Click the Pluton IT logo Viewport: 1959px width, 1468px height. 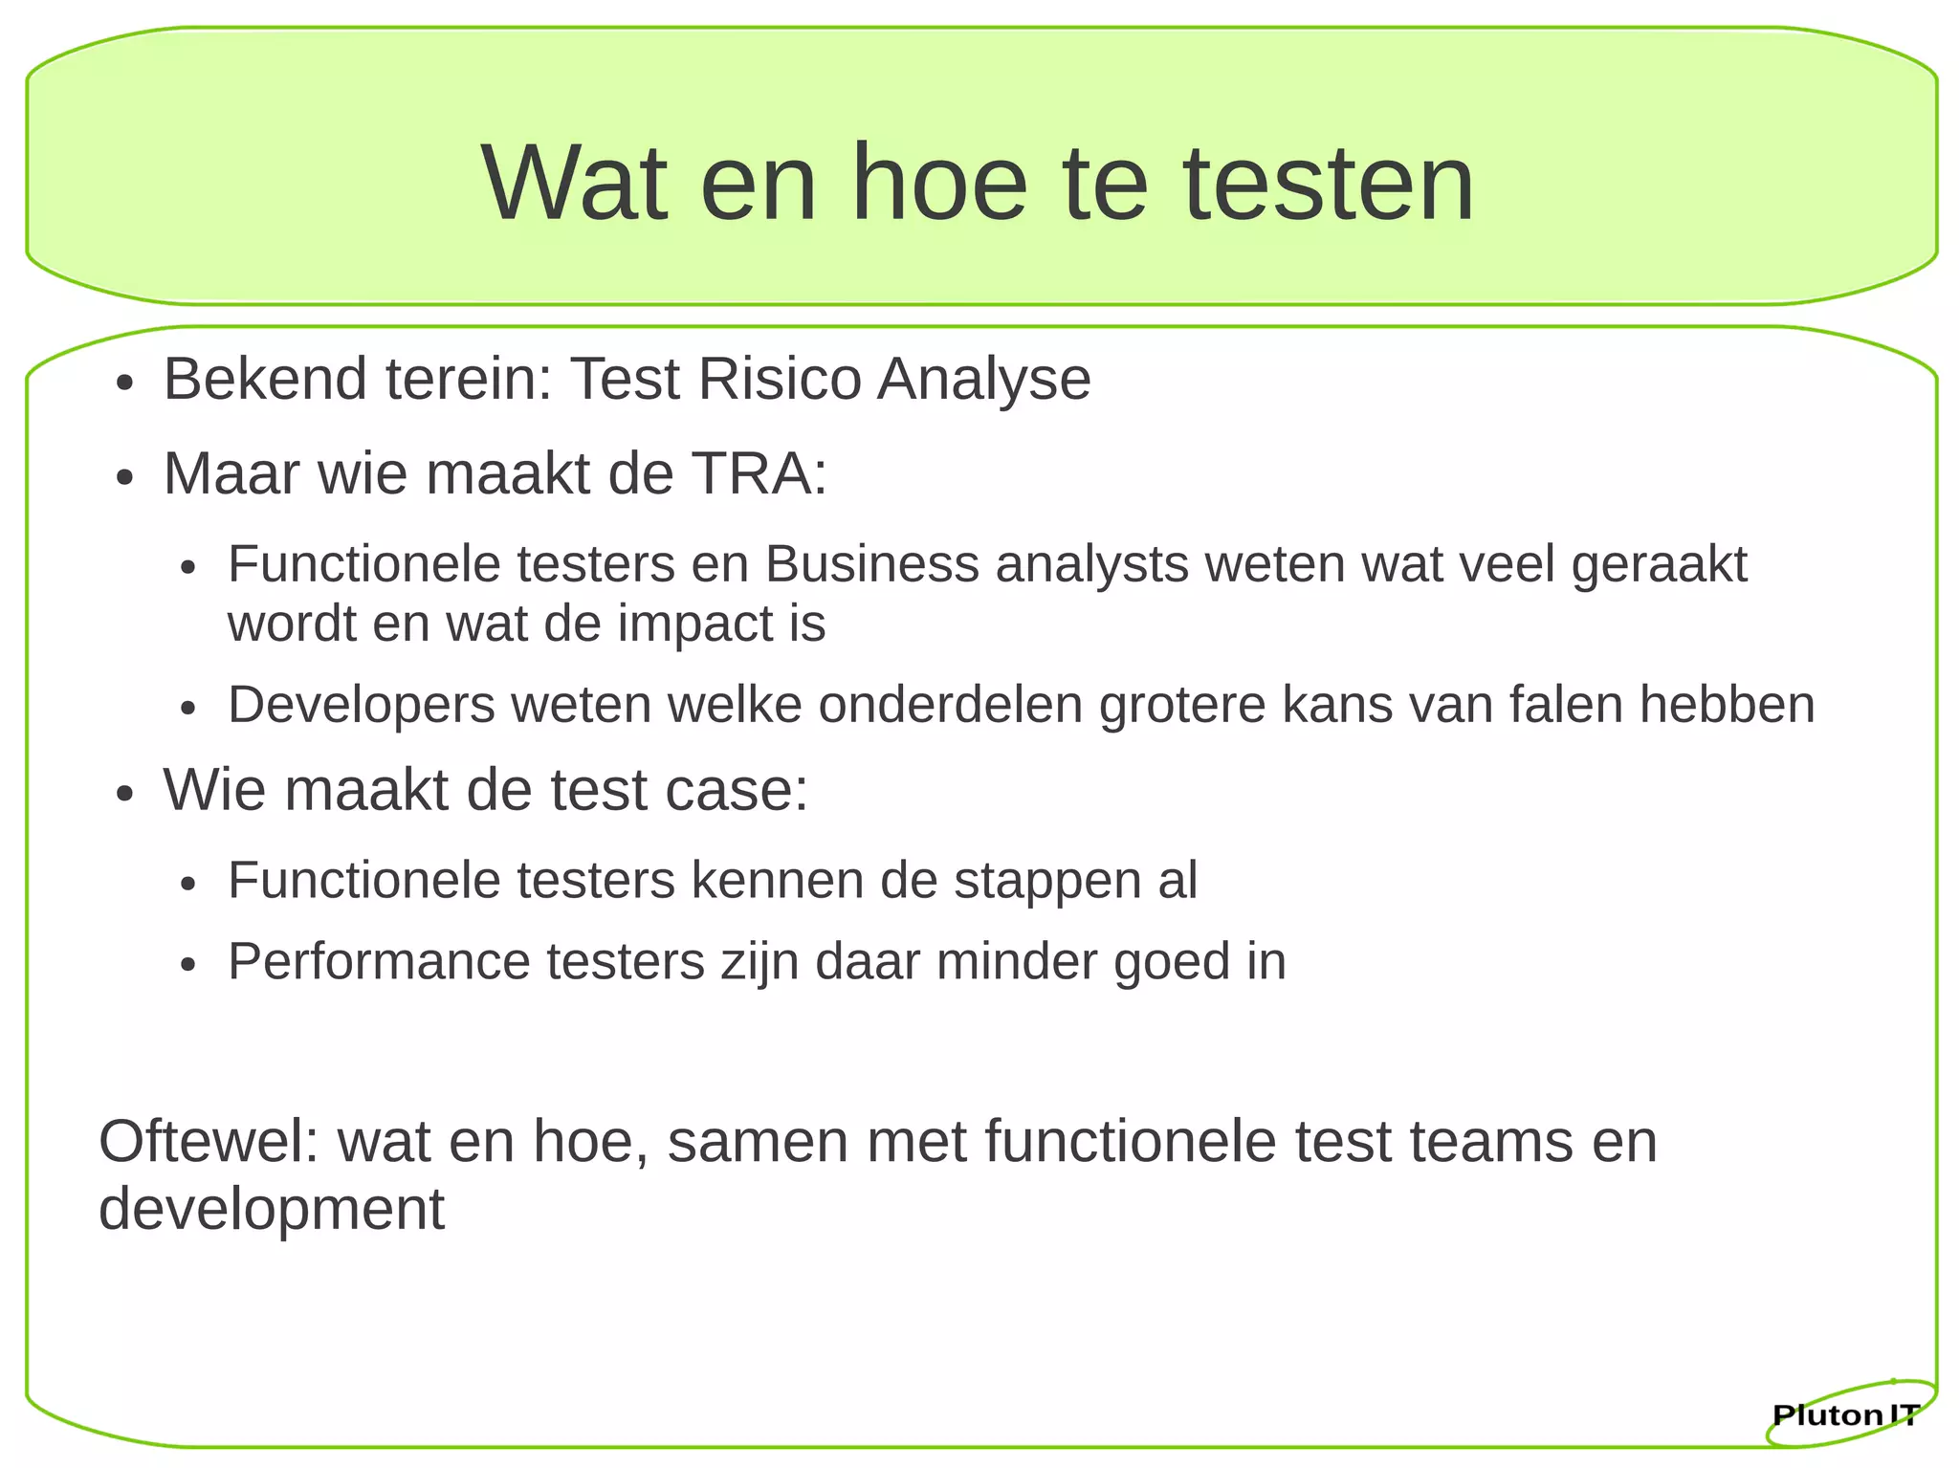tap(1846, 1414)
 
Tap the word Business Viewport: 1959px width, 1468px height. tap(871, 563)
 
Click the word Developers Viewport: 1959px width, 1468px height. tap(362, 706)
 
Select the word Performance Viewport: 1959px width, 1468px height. tap(379, 961)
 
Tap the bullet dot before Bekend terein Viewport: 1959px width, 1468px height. tap(123, 384)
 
